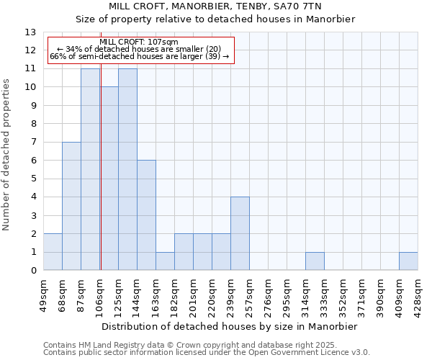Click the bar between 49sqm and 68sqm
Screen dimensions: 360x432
coord(53,252)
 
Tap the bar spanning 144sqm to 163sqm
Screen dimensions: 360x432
coord(146,215)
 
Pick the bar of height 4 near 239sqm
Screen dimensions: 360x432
coord(240,233)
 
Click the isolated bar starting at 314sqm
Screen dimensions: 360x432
coord(315,261)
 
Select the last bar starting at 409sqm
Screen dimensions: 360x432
coord(408,261)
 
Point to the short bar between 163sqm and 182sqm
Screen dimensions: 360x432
coord(165,261)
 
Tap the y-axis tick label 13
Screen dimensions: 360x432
coord(30,32)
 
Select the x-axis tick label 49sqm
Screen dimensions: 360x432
coord(43,294)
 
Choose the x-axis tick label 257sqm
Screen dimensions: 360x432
coord(249,294)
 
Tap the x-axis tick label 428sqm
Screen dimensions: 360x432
coord(418,294)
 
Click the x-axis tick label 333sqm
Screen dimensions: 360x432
coord(324,294)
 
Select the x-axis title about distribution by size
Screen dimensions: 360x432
coord(230,326)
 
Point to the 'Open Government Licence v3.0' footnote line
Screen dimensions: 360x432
coord(207,353)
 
